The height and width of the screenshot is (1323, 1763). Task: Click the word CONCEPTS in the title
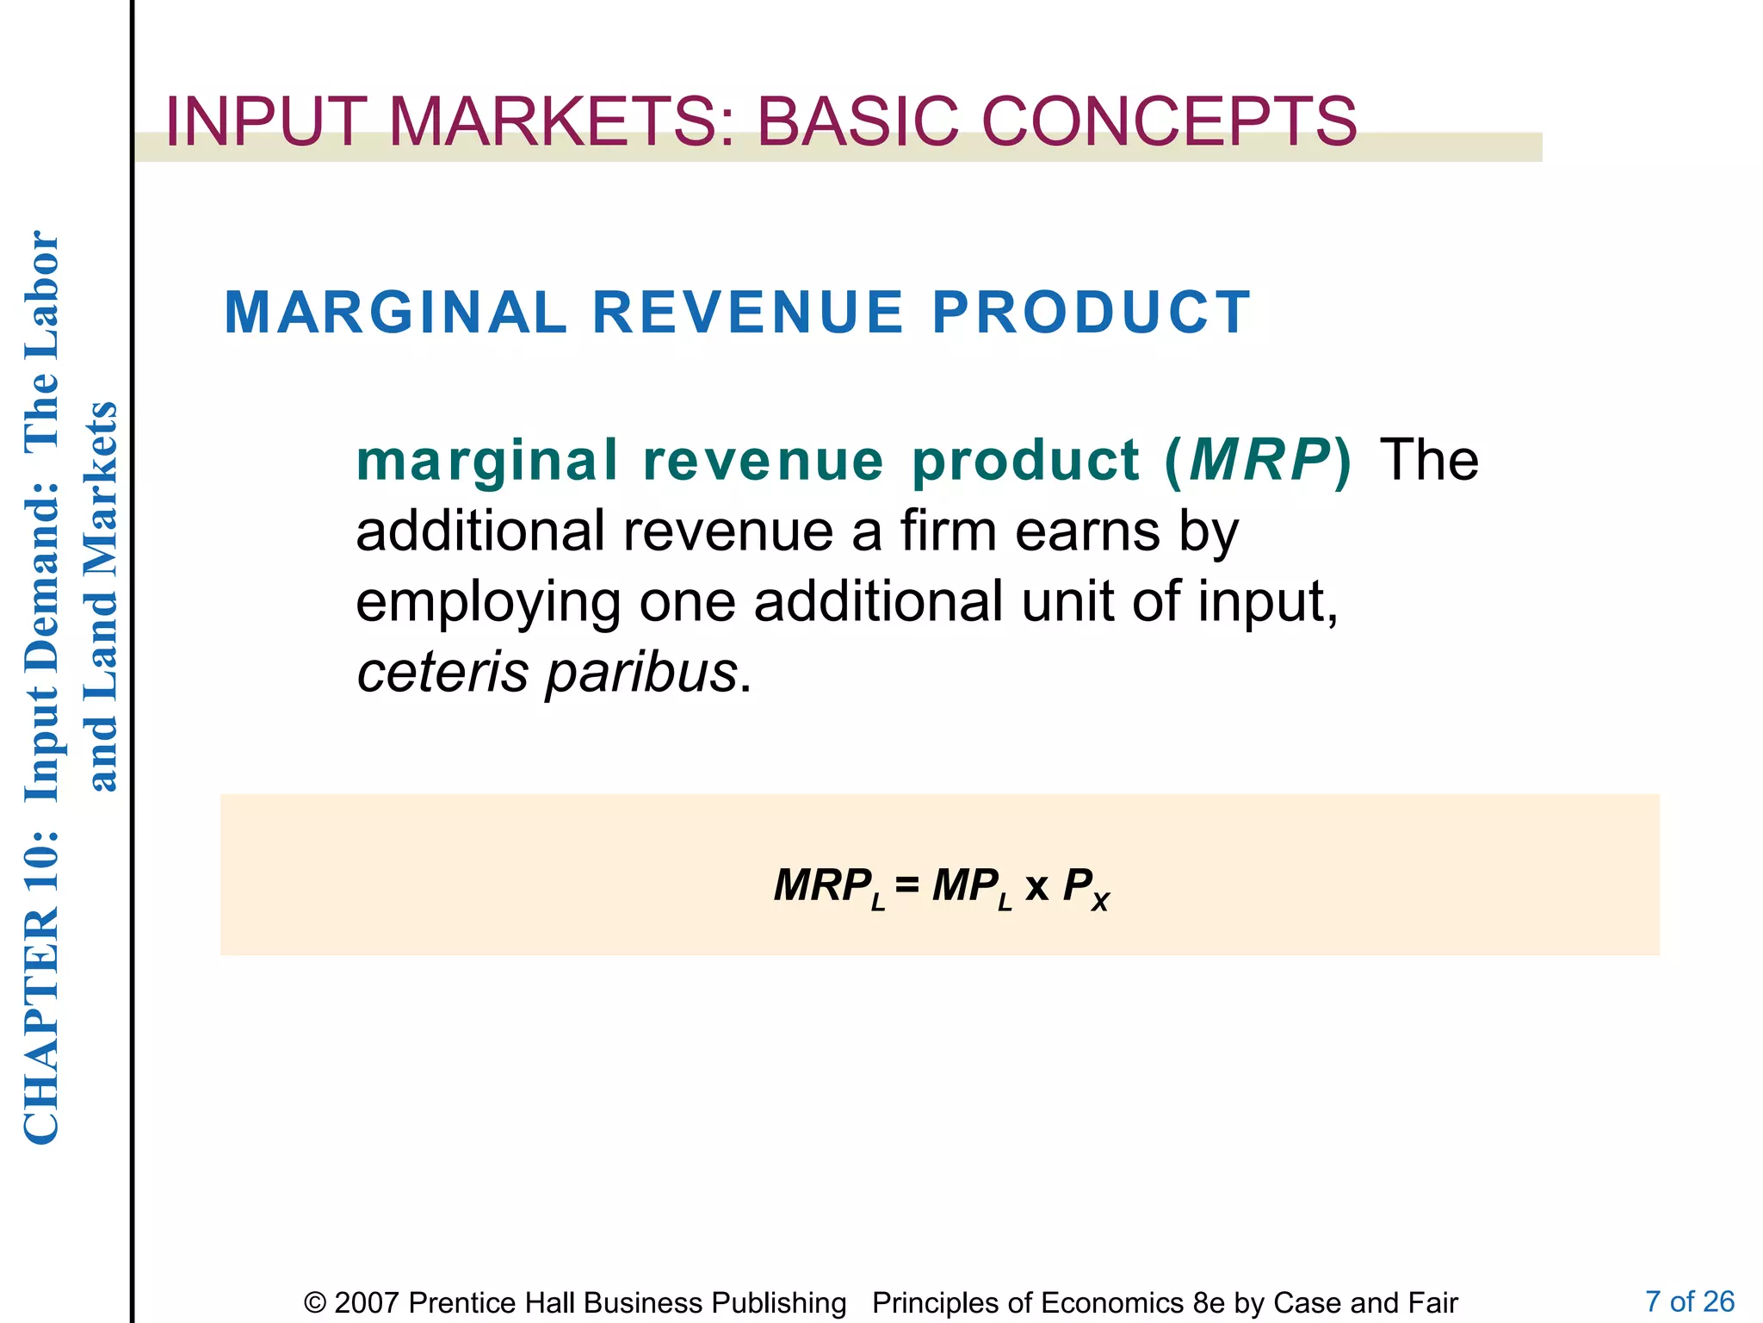(x=1168, y=121)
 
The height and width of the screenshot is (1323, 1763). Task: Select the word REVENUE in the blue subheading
(x=748, y=312)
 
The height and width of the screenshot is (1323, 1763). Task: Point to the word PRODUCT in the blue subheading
(x=1091, y=312)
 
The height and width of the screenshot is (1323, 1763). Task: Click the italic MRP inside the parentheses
(x=1259, y=460)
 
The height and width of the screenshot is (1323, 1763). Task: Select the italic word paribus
(x=641, y=673)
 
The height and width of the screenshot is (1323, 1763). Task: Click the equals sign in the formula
(x=906, y=885)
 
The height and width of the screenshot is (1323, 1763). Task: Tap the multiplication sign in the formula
(x=1036, y=886)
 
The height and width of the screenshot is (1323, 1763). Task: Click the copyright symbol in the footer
(x=315, y=1302)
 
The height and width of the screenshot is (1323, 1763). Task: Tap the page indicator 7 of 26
(x=1689, y=1301)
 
